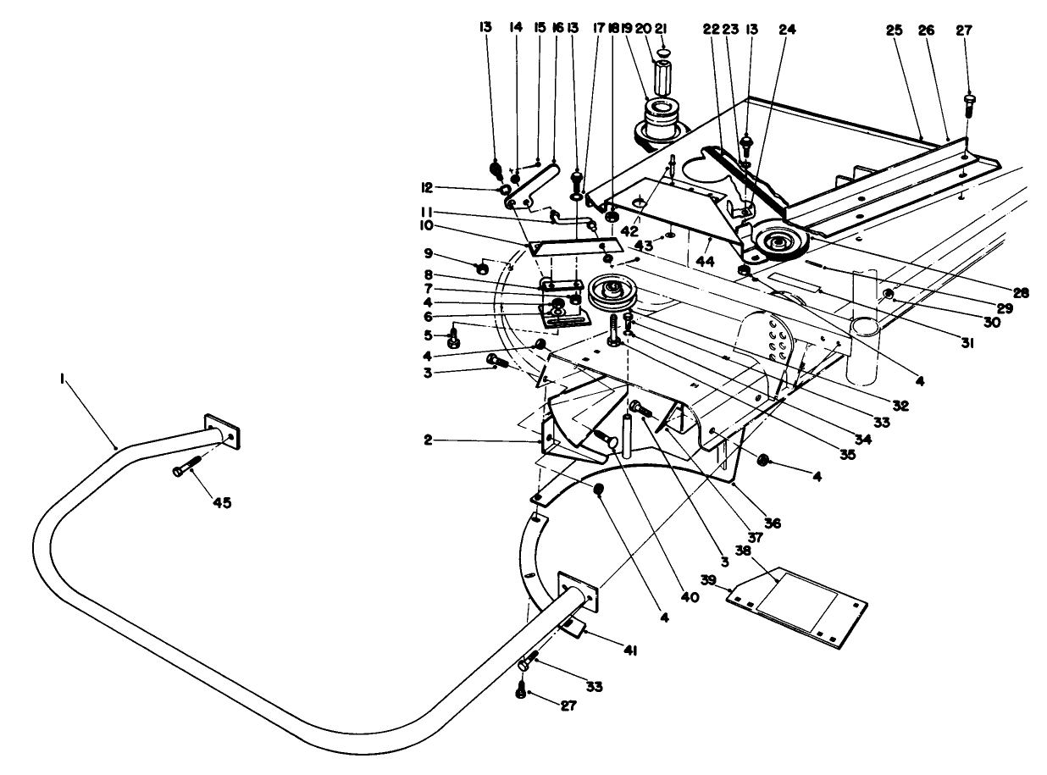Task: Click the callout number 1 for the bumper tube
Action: pyautogui.click(x=64, y=381)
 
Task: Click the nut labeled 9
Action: pyautogui.click(x=480, y=268)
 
